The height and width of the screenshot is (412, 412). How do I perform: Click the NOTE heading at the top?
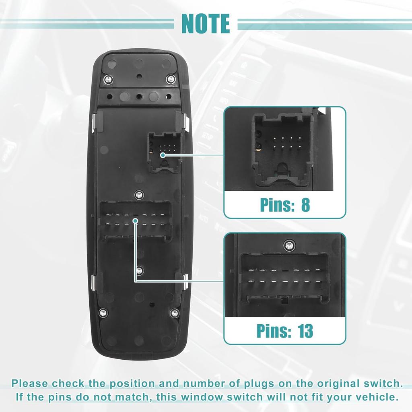click(x=206, y=24)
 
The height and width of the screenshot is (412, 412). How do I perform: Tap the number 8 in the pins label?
click(x=305, y=205)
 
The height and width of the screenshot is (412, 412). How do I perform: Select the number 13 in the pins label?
click(x=305, y=331)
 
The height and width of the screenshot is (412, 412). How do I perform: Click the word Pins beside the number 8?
click(x=278, y=205)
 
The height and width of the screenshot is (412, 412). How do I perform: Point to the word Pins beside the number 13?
click(x=274, y=331)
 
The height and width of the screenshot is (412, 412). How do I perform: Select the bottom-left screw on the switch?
click(x=103, y=312)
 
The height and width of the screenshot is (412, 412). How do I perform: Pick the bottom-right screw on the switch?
click(x=174, y=312)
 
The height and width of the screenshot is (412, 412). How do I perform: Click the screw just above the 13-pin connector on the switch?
click(x=139, y=195)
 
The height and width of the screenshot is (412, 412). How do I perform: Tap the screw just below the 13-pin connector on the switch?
click(x=139, y=270)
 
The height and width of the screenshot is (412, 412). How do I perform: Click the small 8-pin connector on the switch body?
click(x=164, y=152)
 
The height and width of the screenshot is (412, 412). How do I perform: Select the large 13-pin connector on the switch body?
click(x=136, y=220)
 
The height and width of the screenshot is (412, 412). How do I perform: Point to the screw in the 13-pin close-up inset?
click(x=288, y=244)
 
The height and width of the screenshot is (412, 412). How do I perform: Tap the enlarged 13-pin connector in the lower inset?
click(x=284, y=278)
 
